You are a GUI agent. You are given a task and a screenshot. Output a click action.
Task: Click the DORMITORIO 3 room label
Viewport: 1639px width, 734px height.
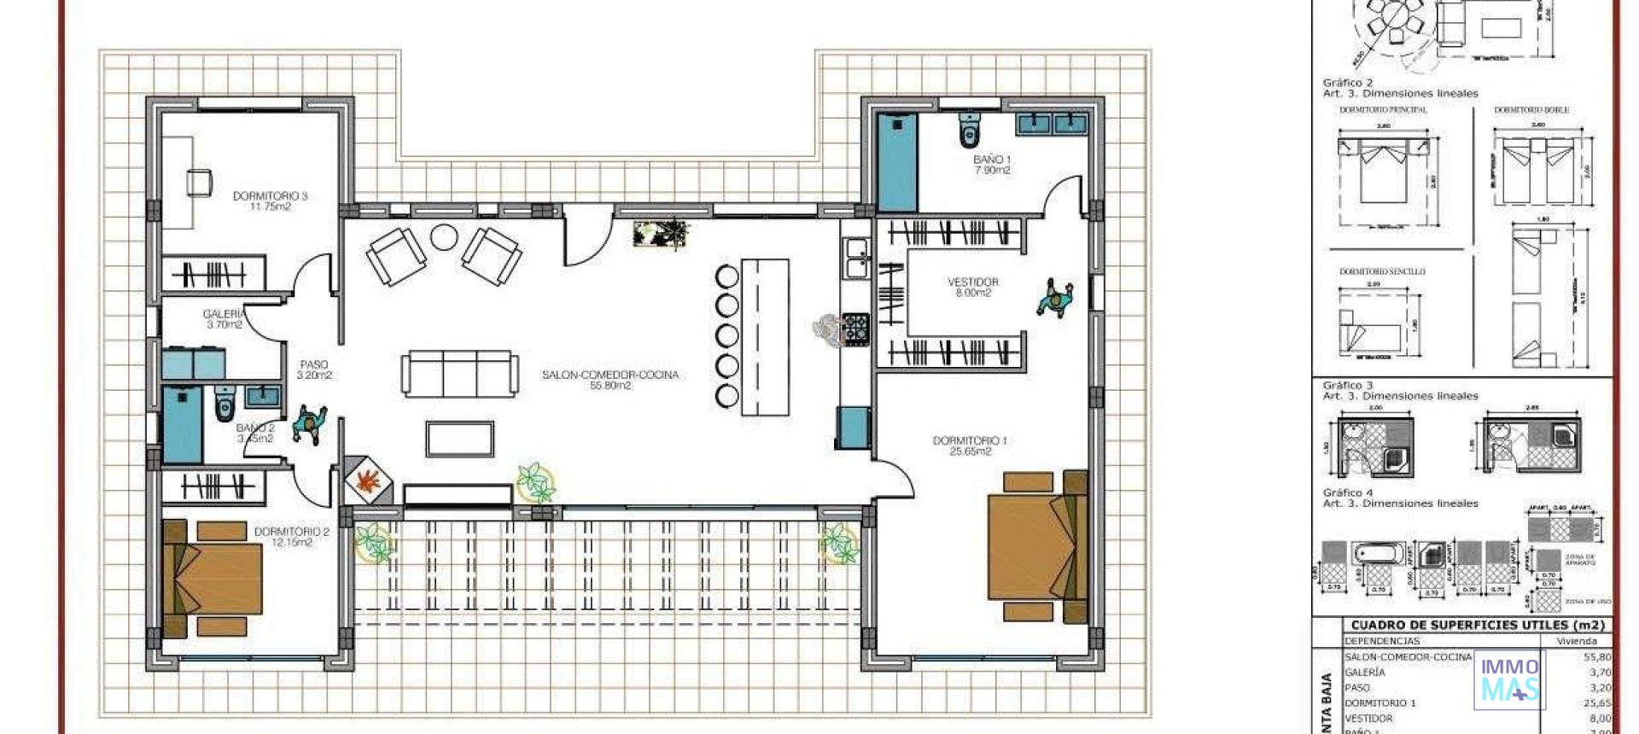tap(270, 201)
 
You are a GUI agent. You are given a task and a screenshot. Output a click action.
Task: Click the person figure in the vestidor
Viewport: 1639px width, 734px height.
tap(1056, 300)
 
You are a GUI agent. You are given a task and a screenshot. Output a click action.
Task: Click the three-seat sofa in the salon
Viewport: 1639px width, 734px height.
tap(460, 374)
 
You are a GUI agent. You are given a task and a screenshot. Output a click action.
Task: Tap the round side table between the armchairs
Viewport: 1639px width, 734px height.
tap(444, 236)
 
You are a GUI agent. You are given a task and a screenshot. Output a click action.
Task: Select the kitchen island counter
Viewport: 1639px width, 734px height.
tap(765, 337)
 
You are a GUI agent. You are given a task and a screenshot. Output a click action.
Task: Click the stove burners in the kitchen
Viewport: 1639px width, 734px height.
tap(855, 329)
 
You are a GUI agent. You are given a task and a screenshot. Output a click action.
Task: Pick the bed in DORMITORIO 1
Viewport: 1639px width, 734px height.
tap(1035, 546)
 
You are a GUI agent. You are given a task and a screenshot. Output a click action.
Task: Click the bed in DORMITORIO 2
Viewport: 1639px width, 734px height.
tap(213, 578)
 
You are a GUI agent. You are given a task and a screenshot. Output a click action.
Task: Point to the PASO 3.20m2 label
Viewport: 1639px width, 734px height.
tap(314, 370)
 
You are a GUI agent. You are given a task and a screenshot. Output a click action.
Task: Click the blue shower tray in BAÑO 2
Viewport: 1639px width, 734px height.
tap(182, 425)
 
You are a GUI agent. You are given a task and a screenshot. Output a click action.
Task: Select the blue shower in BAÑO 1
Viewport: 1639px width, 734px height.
tap(897, 162)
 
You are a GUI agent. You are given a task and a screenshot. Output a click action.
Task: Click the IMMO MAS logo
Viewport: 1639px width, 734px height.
tap(1509, 679)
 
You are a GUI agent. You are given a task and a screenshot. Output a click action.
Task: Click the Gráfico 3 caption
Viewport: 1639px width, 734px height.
tap(1347, 386)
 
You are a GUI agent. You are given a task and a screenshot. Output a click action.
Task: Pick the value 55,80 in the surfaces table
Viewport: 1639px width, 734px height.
tap(1596, 657)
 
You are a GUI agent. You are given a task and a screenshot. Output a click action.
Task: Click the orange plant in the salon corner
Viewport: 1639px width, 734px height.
tap(368, 481)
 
